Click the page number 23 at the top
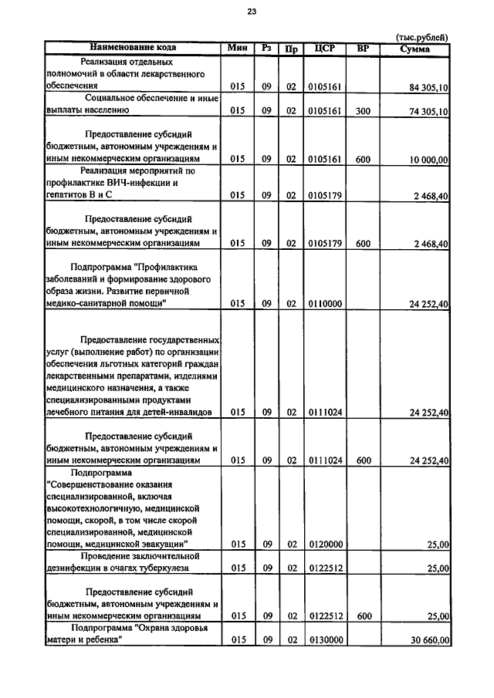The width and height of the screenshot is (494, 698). (x=252, y=11)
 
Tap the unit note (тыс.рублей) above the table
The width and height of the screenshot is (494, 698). (x=421, y=37)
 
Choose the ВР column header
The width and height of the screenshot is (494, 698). (x=363, y=48)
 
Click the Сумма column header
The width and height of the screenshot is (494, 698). (x=414, y=49)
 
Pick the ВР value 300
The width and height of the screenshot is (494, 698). (x=363, y=112)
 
